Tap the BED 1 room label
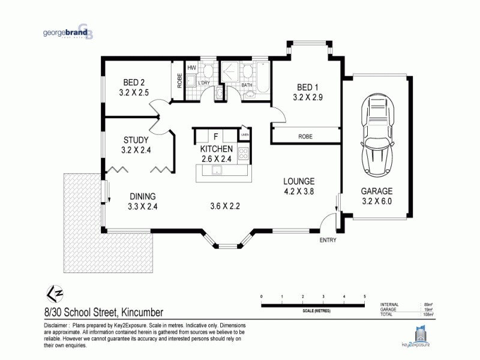(308, 86)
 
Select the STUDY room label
(135, 141)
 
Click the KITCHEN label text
(215, 149)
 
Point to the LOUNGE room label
(299, 181)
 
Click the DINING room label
(142, 196)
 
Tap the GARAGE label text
(376, 191)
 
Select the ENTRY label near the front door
(328, 240)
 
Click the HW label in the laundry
(192, 68)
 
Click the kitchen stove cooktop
(244, 154)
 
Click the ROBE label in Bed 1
(305, 137)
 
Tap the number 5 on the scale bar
(364, 297)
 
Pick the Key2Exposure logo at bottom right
(419, 336)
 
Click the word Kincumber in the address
(142, 312)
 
